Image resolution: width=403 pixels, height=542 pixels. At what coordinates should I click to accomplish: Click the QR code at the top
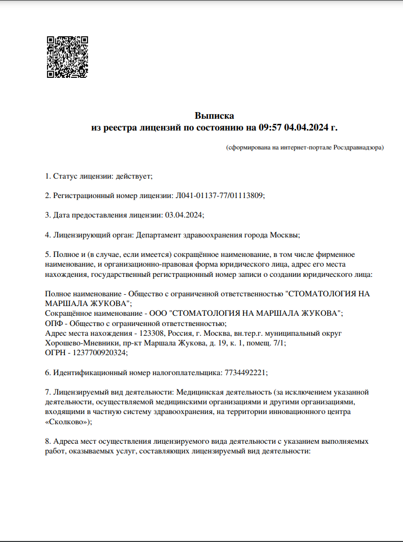coord(68,57)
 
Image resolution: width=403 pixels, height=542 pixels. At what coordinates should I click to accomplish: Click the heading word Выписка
coord(214,116)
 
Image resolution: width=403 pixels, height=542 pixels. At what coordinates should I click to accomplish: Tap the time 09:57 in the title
coord(271,127)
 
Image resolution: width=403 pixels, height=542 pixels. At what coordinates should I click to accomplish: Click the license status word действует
coord(133,176)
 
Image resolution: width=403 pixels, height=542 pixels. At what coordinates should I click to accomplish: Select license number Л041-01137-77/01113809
coord(220,196)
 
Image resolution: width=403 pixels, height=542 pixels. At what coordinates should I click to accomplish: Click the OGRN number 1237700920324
coord(101,353)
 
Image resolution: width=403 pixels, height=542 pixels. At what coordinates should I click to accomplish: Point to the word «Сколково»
coord(68,421)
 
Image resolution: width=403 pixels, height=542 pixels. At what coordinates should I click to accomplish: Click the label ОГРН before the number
coord(55,353)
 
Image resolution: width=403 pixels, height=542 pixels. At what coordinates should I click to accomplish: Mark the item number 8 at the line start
coord(48,441)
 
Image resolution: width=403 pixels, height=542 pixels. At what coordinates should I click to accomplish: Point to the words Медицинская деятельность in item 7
coord(222,392)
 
